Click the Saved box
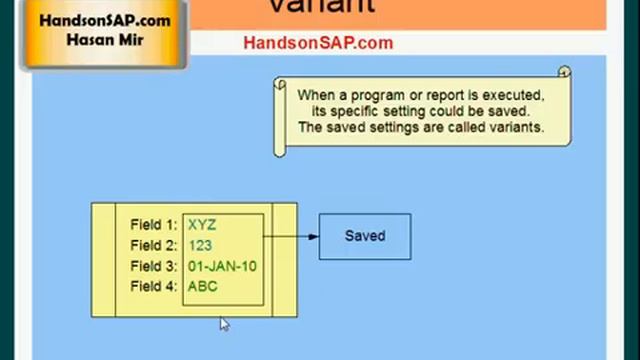pyautogui.click(x=364, y=236)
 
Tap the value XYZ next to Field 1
pyautogui.click(x=202, y=225)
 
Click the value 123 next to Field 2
pyautogui.click(x=200, y=246)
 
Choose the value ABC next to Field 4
pyautogui.click(x=202, y=287)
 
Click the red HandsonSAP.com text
pyautogui.click(x=318, y=43)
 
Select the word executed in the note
pyautogui.click(x=513, y=95)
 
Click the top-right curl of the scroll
pyautogui.click(x=564, y=73)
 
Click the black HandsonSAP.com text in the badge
pyautogui.click(x=104, y=21)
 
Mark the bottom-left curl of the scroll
pyautogui.click(x=280, y=149)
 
